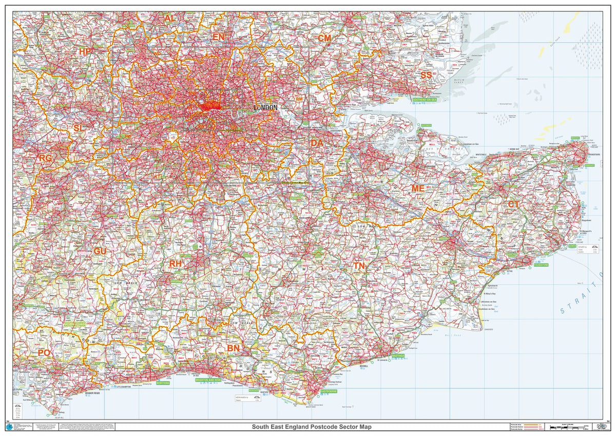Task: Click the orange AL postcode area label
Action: coord(170,18)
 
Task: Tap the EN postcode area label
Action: coord(218,37)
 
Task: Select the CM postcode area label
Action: coord(324,39)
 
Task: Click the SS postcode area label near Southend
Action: coord(426,75)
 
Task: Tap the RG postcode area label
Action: coord(45,158)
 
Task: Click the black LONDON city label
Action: coord(265,108)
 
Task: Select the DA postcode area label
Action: coord(317,143)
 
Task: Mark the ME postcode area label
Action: coord(418,188)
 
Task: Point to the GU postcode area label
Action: coord(100,251)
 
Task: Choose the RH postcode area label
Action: coord(176,263)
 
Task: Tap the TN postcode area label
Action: coord(359,266)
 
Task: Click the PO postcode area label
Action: coord(44,353)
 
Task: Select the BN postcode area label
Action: coord(234,349)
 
